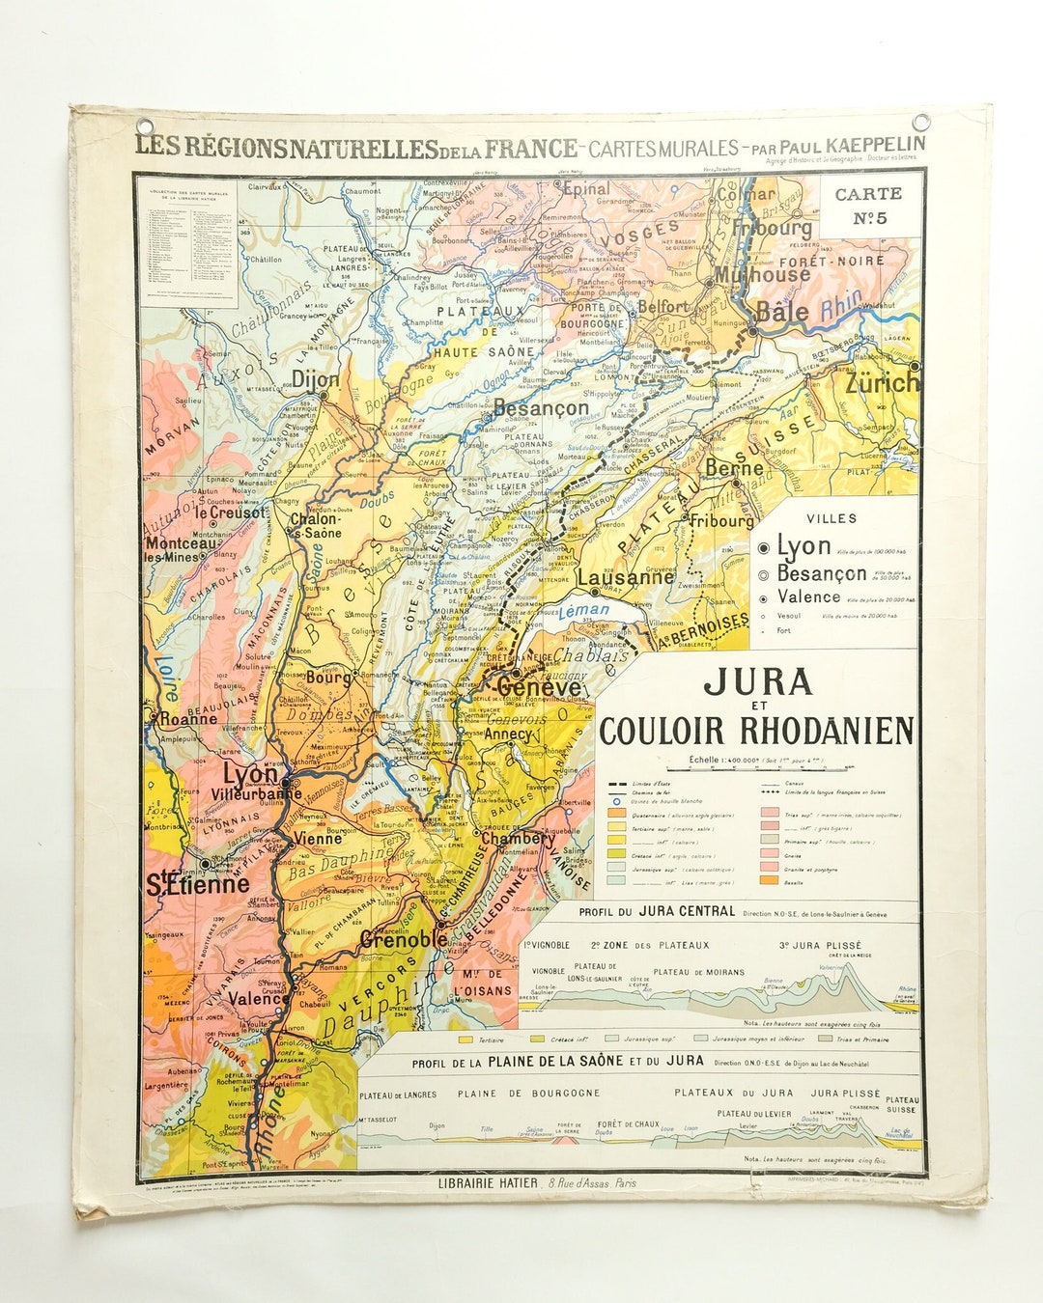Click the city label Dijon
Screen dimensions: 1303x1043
(x=316, y=378)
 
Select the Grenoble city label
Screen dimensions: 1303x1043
(x=404, y=937)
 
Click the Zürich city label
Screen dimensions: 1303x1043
(x=882, y=383)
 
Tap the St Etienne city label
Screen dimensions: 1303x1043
(x=197, y=883)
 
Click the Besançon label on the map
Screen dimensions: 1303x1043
(x=540, y=408)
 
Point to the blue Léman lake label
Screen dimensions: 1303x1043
(x=585, y=610)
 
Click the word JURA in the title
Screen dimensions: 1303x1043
(x=757, y=681)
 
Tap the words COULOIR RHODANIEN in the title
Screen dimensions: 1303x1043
(x=756, y=731)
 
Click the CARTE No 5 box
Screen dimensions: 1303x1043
(x=868, y=206)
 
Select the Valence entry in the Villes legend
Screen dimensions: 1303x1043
(x=808, y=596)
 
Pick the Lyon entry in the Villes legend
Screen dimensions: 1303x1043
(x=803, y=546)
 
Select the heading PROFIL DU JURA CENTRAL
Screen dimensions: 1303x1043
(x=657, y=911)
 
